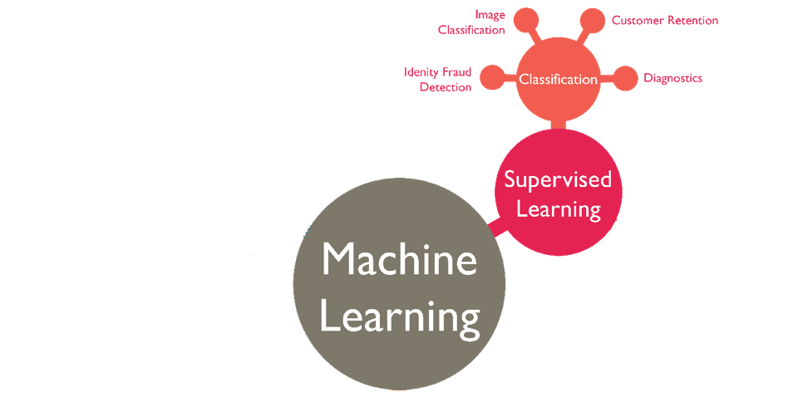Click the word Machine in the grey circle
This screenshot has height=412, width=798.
coord(399,260)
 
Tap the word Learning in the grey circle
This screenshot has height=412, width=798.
coord(399,316)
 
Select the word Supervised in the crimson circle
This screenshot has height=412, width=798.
coord(558,179)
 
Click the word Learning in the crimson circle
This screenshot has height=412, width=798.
coord(558,208)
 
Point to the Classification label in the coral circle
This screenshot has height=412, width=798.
coord(558,80)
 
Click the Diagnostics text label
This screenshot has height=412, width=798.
coord(672,78)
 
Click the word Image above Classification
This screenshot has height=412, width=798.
coord(490,15)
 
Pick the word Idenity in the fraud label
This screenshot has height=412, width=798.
coord(421,72)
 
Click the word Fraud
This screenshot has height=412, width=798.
coord(456,72)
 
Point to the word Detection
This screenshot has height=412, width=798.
coord(446,87)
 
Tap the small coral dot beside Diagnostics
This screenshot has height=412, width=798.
coord(626,78)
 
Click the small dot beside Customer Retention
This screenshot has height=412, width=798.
coord(592,21)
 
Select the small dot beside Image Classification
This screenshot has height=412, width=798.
coord(525,20)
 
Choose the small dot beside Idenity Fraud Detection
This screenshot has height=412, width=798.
coord(492,77)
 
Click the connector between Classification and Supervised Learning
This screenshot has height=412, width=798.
coord(558,125)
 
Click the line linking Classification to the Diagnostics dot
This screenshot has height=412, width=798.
coord(608,78)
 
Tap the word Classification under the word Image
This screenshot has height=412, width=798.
coord(471,30)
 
